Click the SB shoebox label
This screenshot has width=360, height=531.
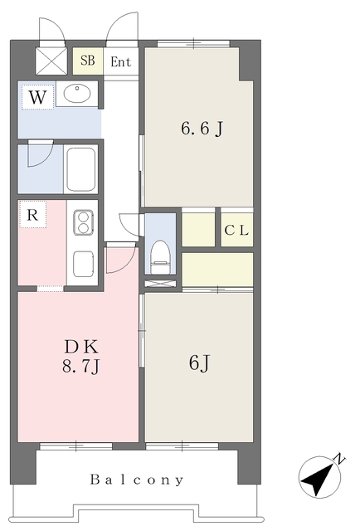(87, 61)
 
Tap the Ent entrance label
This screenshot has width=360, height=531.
(120, 62)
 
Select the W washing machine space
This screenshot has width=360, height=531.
(37, 97)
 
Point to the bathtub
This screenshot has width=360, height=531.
(81, 169)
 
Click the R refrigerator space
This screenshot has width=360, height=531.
(32, 215)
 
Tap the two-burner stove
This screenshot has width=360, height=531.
(83, 222)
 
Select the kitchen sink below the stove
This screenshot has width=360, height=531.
(83, 264)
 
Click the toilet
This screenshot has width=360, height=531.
(160, 256)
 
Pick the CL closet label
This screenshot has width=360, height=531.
(236, 231)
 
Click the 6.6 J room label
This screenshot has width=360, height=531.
(202, 129)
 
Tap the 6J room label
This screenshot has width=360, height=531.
(199, 363)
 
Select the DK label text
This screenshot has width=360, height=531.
(81, 347)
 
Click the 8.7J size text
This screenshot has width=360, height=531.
(80, 366)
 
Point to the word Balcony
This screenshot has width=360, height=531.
(137, 480)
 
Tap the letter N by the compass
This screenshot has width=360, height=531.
(339, 459)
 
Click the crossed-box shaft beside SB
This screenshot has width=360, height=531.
(51, 61)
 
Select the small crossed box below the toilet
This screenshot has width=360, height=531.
(161, 284)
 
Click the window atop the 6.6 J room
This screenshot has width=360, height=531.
(194, 43)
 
